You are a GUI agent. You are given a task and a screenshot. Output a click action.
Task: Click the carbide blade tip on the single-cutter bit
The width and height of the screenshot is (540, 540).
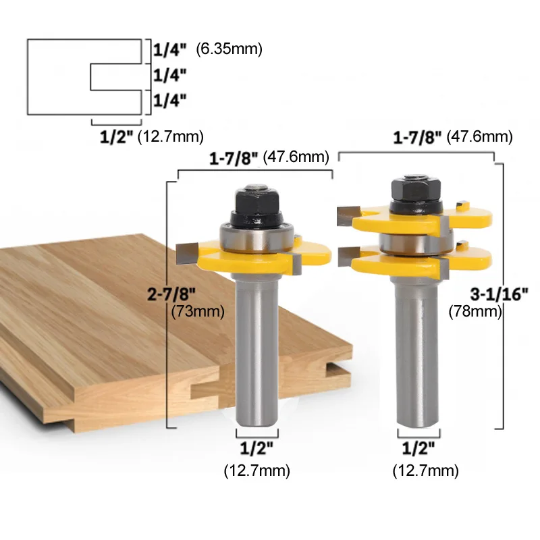click(185, 254)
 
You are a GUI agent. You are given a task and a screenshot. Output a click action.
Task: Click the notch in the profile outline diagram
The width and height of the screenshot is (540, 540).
click(115, 78)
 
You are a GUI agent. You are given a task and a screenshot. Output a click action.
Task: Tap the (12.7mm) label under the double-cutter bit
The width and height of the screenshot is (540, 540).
click(425, 469)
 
